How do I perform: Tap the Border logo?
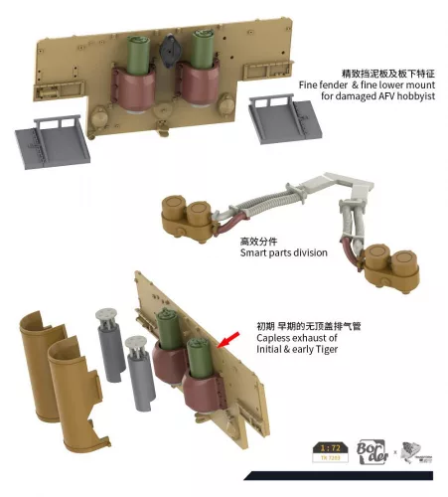[374, 450]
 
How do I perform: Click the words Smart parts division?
[283, 252]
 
